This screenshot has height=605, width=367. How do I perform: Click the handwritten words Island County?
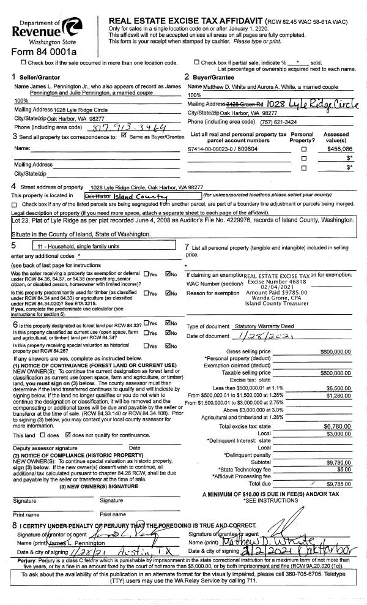tap(136, 195)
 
